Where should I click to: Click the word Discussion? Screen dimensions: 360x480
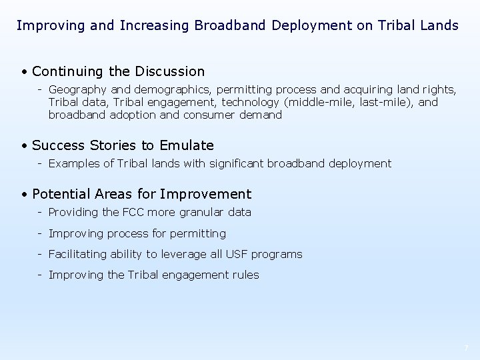(x=170, y=71)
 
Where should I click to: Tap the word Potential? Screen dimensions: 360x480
(x=59, y=195)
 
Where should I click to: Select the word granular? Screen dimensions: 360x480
(x=202, y=213)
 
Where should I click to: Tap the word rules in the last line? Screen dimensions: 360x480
(x=245, y=275)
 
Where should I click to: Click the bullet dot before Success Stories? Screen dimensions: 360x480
(x=24, y=146)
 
